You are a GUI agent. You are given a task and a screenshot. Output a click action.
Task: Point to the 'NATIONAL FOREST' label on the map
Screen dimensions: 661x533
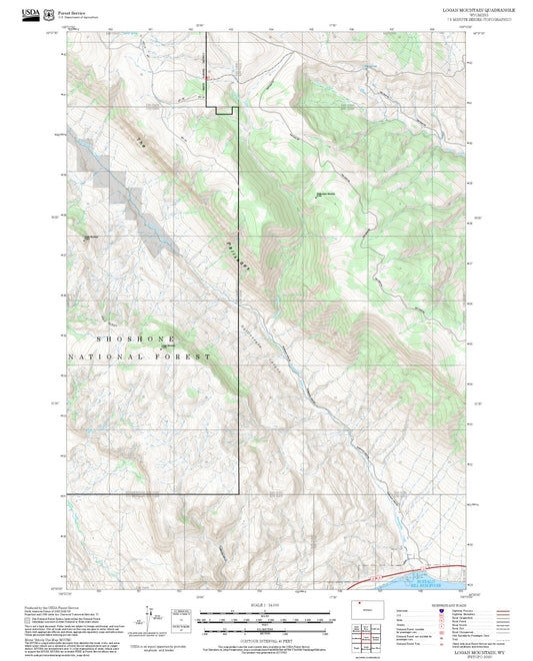140,356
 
